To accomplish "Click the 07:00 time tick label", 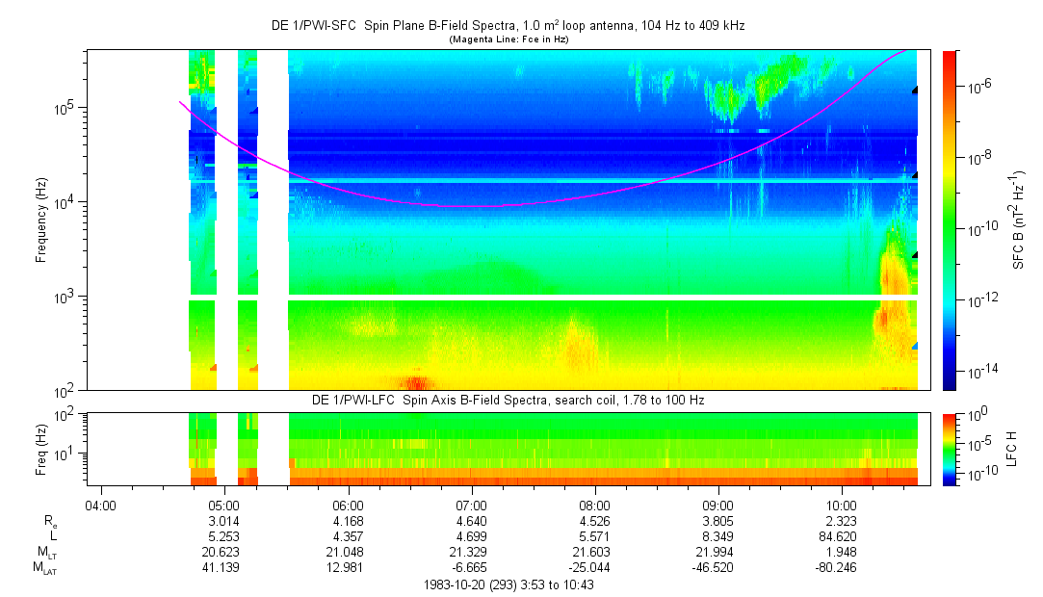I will coord(471,504).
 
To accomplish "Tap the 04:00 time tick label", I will coord(100,504).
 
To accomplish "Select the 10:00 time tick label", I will coord(842,504).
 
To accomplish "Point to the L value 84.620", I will coord(842,535).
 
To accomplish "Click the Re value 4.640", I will coord(471,520).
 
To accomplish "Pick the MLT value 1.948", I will coord(842,551).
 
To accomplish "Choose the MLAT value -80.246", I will coord(842,567).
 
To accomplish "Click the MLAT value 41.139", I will coord(223,567).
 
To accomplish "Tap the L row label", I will coord(54,535).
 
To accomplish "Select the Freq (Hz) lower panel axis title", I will coord(40,449).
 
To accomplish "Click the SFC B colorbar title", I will coord(1018,220).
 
